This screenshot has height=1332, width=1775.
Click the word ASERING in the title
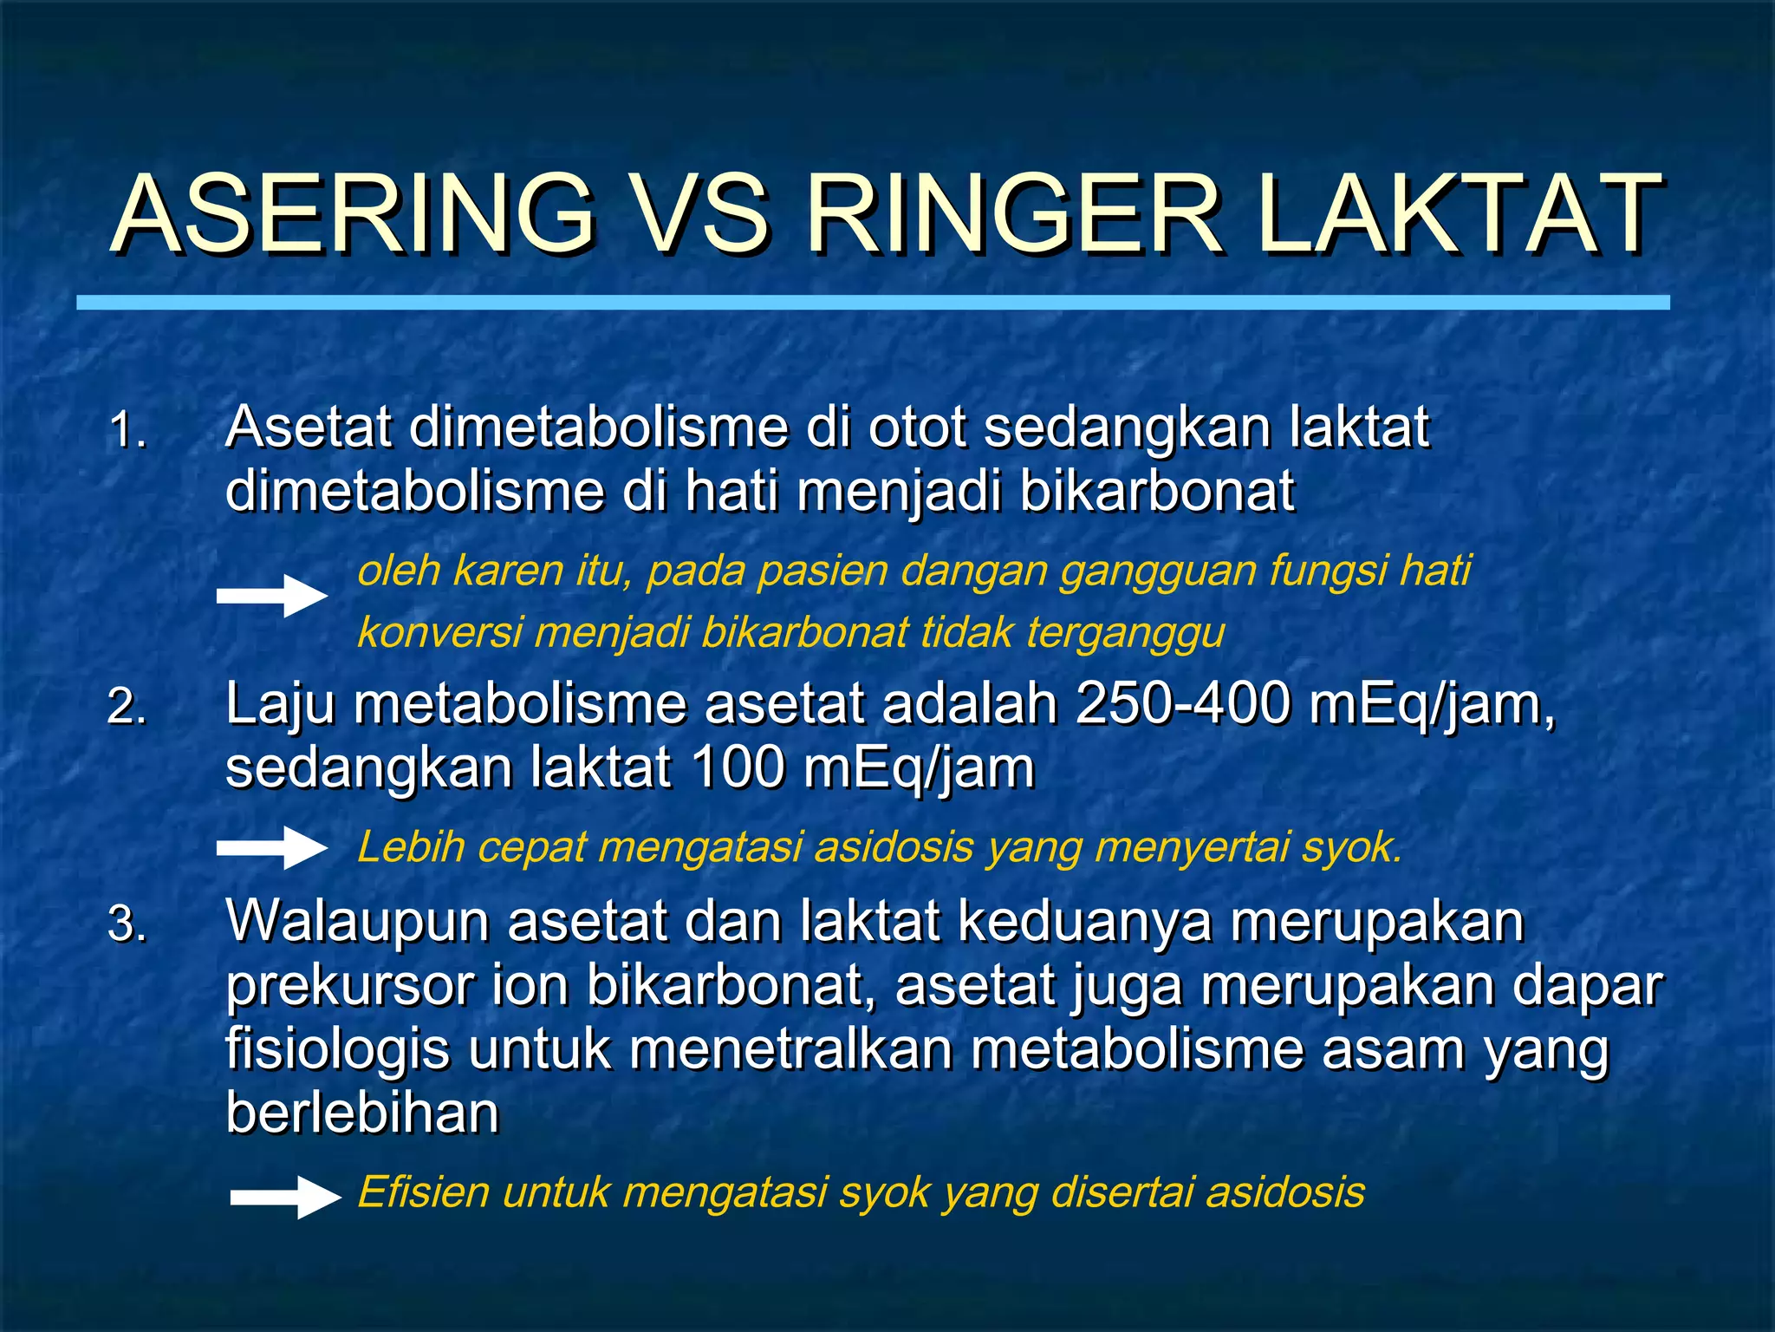[x=354, y=214]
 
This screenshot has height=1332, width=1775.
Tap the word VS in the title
[x=704, y=214]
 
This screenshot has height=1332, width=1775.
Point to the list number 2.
[x=127, y=707]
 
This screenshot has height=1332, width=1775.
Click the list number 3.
[x=127, y=924]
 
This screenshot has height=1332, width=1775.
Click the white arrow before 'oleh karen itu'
[x=272, y=597]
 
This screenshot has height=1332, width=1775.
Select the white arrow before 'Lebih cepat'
[x=272, y=847]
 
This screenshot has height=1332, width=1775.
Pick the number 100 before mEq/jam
[x=738, y=767]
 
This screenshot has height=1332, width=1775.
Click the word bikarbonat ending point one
[x=1156, y=491]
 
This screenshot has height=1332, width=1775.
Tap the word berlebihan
[x=362, y=1113]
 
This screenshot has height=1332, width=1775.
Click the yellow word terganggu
[x=1126, y=632]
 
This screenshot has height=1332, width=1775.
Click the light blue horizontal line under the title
[x=873, y=303]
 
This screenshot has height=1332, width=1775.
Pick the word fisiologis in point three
[x=337, y=1049]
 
